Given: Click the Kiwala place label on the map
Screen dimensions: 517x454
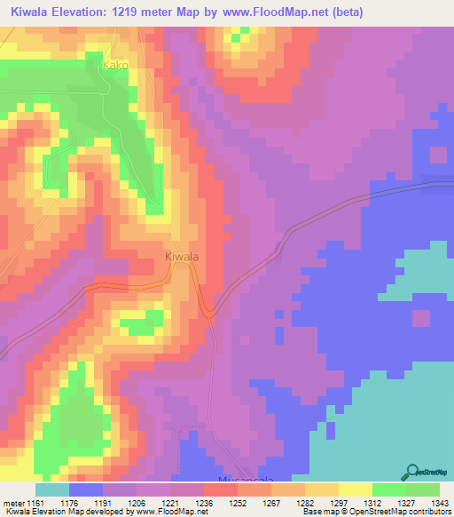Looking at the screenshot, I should point(182,257).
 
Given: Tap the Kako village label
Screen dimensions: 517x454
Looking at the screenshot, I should point(115,65).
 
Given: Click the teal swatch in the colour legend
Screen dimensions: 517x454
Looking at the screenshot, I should point(52,490).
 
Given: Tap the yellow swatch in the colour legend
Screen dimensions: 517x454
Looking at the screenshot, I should point(355,490).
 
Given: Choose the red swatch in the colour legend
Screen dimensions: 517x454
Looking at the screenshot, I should point(221,490).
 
